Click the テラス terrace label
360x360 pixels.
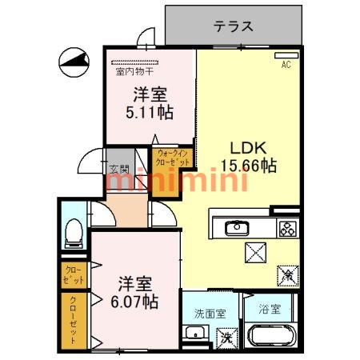(234, 26)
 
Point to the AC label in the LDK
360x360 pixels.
(284, 65)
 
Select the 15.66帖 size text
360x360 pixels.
(254, 166)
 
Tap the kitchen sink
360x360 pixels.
(237, 229)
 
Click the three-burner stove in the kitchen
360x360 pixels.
(286, 229)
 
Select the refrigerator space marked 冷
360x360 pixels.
(286, 275)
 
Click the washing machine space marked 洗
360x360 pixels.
(226, 337)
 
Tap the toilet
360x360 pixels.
(73, 230)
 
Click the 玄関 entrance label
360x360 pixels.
(118, 169)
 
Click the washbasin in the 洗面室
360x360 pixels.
(194, 336)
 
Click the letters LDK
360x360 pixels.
(249, 148)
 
